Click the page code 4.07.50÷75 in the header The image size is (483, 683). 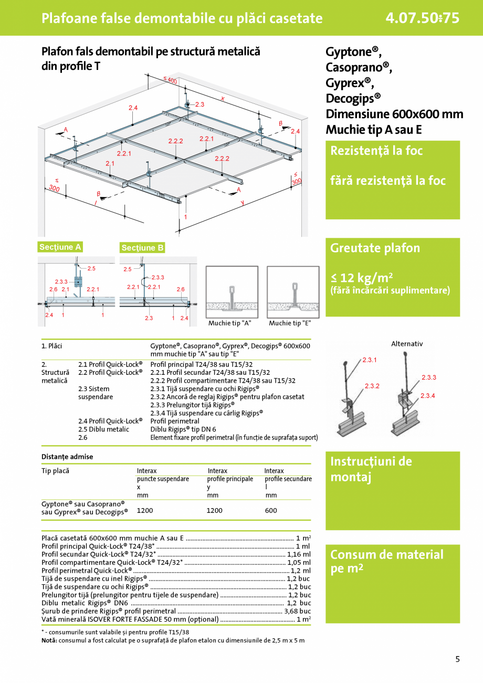tap(422, 18)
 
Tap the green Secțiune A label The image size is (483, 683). tap(60, 247)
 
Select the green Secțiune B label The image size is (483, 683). tap(143, 248)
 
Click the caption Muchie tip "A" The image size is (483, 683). tap(230, 323)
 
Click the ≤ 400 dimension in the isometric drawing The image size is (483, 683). tap(170, 80)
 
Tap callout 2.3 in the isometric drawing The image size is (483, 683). tap(199, 104)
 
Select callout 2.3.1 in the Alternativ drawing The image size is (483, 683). tap(370, 360)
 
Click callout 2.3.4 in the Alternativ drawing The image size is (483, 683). tap(427, 395)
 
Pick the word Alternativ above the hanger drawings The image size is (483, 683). tap(407, 344)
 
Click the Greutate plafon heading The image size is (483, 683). tap(375, 248)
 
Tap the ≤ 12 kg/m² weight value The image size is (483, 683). tap(362, 277)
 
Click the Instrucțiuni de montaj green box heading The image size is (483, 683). tap(371, 469)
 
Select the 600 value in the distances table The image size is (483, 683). tap(271, 510)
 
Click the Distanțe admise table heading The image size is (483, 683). tap(67, 457)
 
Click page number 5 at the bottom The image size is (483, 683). tap(457, 659)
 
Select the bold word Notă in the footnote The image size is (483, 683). tap(49, 640)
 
